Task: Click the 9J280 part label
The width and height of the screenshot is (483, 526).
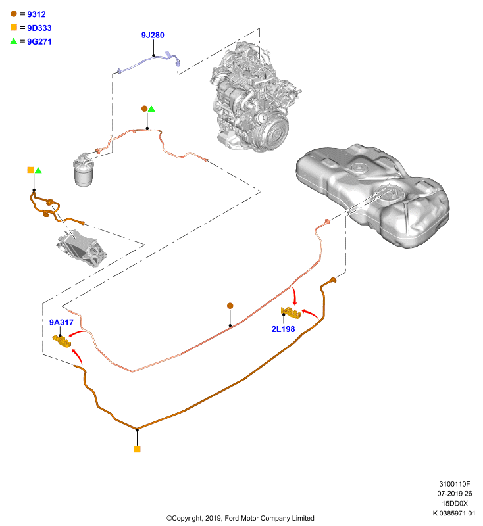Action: point(153,36)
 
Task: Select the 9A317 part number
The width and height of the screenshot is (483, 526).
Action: point(61,322)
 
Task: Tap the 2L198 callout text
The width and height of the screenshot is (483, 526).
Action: point(284,329)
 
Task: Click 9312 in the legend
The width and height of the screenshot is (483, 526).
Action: point(36,14)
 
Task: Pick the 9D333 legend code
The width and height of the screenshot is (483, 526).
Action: point(39,28)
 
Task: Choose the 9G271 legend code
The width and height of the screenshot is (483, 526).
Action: point(39,41)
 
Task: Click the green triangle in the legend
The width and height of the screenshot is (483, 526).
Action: point(13,41)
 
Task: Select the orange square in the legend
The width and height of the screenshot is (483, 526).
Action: point(14,28)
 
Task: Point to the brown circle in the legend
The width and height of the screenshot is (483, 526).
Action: point(14,14)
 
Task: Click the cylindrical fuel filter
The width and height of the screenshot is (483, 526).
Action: point(84,170)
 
